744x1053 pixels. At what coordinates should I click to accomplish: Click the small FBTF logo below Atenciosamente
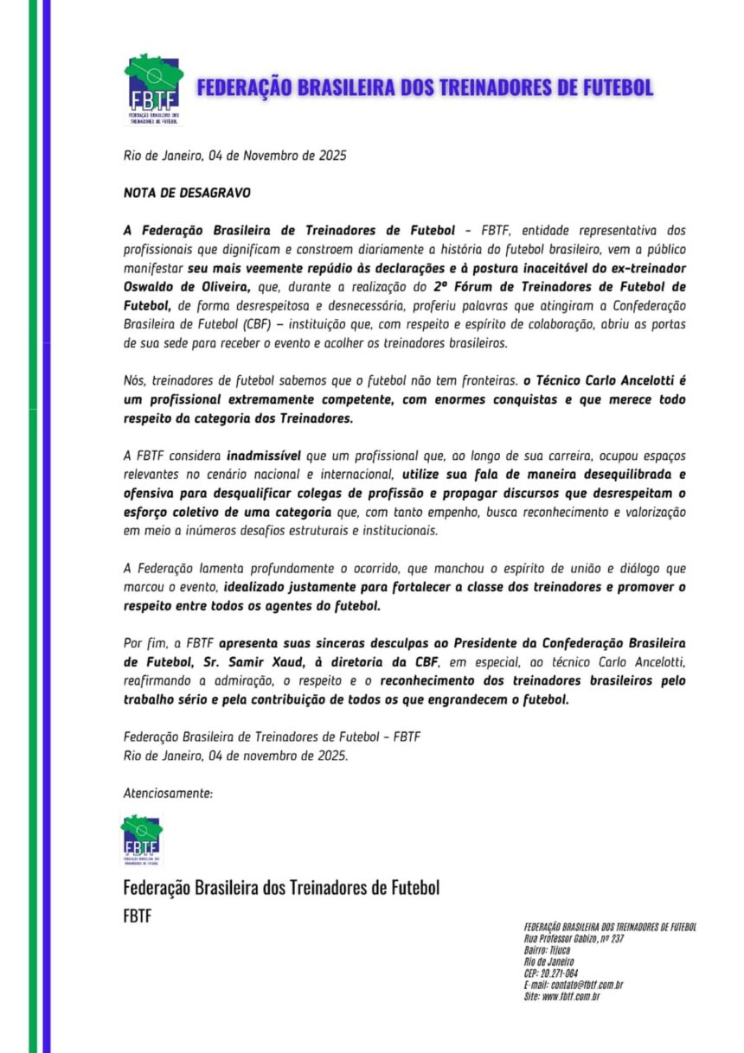click(x=140, y=839)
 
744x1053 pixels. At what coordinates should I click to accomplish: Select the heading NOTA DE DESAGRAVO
click(x=175, y=193)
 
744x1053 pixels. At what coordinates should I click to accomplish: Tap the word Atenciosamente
click(x=168, y=792)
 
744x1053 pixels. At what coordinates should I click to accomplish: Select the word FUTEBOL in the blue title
click(x=606, y=87)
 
